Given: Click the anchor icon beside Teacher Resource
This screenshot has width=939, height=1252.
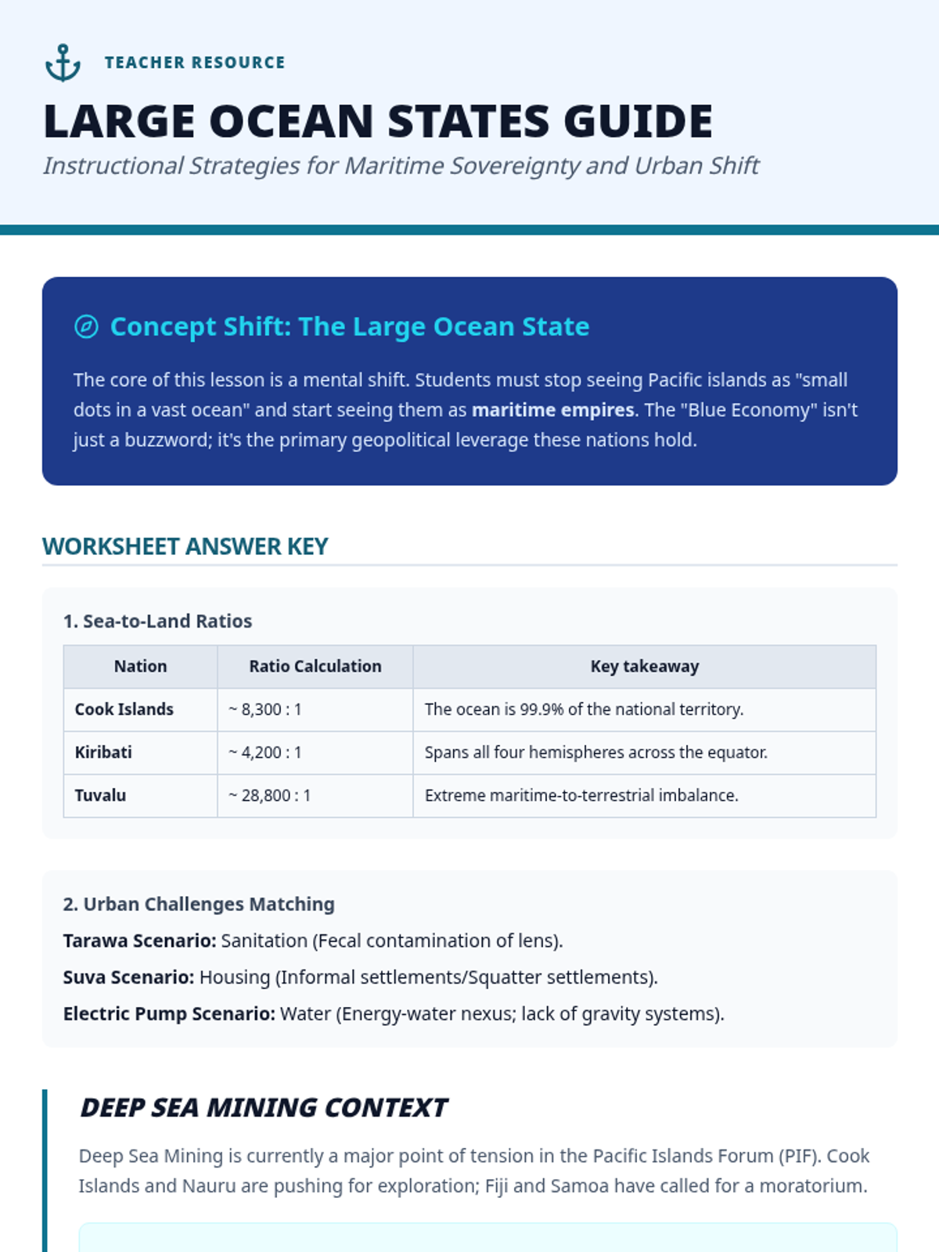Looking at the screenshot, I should pyautogui.click(x=63, y=63).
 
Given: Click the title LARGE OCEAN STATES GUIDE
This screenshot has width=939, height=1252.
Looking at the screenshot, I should pyautogui.click(x=378, y=121).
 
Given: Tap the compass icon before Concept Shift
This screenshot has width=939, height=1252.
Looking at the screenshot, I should pyautogui.click(x=86, y=326).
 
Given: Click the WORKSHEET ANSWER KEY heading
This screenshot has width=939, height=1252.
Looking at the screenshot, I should pyautogui.click(x=185, y=546).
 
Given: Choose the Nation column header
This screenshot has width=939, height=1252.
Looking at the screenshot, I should pyautogui.click(x=140, y=667).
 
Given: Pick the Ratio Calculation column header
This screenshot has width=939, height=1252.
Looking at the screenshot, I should pyautogui.click(x=315, y=667).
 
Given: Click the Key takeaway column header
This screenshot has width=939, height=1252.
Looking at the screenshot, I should pyautogui.click(x=644, y=667).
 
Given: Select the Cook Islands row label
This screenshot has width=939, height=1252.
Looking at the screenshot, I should pyautogui.click(x=124, y=710).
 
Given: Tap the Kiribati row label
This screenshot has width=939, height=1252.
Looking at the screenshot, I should pyautogui.click(x=103, y=753).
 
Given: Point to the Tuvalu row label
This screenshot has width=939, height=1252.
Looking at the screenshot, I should pyautogui.click(x=100, y=796).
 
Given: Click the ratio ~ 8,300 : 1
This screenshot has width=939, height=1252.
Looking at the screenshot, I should pyautogui.click(x=265, y=710).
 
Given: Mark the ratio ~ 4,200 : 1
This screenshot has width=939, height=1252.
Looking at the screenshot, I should pyautogui.click(x=265, y=753).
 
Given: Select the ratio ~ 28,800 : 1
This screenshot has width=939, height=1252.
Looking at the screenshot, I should pyautogui.click(x=270, y=796).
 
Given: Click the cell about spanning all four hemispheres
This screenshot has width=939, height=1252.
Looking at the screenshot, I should pyautogui.click(x=595, y=753).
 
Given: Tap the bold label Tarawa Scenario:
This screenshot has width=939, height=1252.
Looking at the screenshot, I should pyautogui.click(x=139, y=941).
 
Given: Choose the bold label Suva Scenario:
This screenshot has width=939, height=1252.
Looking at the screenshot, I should pyautogui.click(x=128, y=977).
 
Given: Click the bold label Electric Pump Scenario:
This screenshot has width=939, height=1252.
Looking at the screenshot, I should pyautogui.click(x=169, y=1014).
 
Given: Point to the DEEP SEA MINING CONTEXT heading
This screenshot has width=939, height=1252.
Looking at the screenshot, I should pyautogui.click(x=264, y=1108).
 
